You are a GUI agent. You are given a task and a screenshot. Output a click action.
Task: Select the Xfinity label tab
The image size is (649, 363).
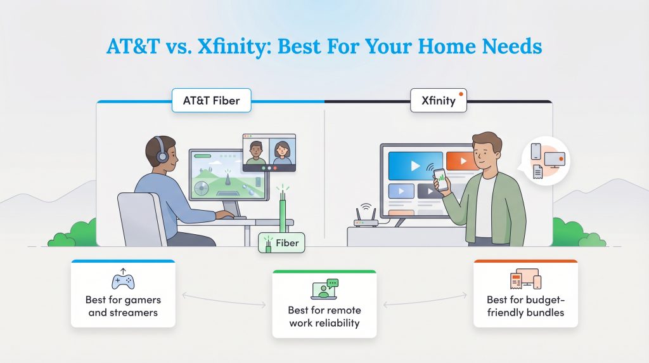[x=438, y=100]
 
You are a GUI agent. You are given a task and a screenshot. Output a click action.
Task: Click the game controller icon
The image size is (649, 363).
[x=123, y=280]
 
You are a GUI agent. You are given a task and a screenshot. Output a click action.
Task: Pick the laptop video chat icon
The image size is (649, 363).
[x=324, y=290]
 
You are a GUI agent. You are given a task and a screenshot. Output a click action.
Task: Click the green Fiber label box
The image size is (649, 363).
[x=282, y=243]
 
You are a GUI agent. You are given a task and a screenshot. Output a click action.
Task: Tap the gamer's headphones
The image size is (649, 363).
[x=161, y=152]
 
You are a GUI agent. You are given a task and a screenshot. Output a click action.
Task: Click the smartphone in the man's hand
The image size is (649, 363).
[x=439, y=179]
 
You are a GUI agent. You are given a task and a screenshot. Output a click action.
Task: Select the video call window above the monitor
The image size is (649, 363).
[x=269, y=153]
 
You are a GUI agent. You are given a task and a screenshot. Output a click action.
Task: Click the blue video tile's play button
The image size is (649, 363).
[x=415, y=166]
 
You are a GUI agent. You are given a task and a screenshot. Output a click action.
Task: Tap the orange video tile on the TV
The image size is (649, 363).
[x=460, y=161]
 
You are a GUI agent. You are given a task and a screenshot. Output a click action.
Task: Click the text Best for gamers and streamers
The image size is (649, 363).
[x=123, y=306]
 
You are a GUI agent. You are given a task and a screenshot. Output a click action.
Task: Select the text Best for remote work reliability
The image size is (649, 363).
[x=324, y=317]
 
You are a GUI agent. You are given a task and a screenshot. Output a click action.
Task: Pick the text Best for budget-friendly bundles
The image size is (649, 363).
[x=525, y=305]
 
